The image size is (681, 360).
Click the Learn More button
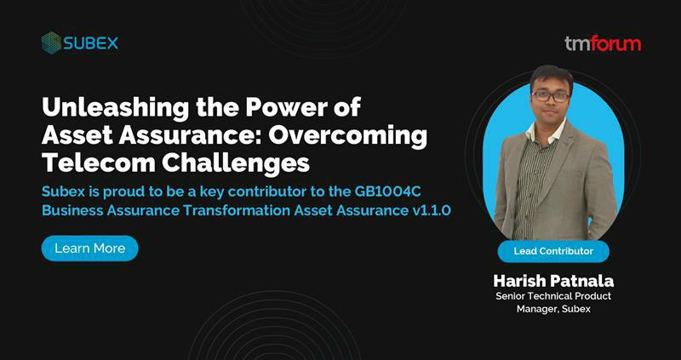coord(89,249)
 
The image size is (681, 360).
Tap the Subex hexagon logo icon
coord(51,43)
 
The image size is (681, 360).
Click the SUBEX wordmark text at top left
coord(90,43)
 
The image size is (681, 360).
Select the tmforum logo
coord(603,43)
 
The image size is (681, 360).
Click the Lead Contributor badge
coord(552,251)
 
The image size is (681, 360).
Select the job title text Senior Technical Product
coord(552,295)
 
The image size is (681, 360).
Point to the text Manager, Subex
coord(552,309)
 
